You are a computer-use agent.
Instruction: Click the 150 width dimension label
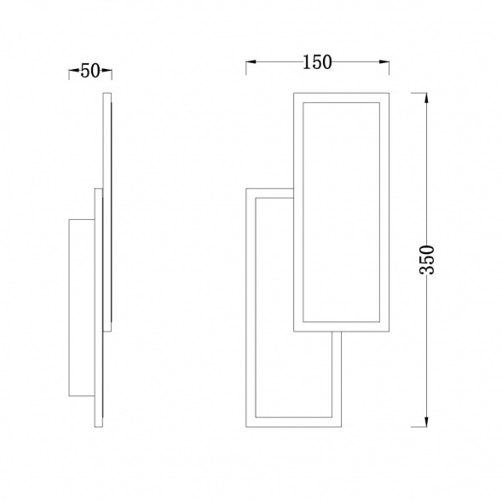pyautogui.click(x=317, y=62)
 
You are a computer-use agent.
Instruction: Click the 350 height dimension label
pyautogui.click(x=426, y=260)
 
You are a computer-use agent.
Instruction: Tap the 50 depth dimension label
pyautogui.click(x=90, y=71)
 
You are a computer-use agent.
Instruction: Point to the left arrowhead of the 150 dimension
pyautogui.click(x=251, y=62)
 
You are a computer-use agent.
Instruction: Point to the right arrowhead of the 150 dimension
pyautogui.click(x=384, y=62)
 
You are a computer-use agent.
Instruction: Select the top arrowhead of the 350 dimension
pyautogui.click(x=426, y=98)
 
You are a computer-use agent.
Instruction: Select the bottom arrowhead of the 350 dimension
pyautogui.click(x=426, y=422)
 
